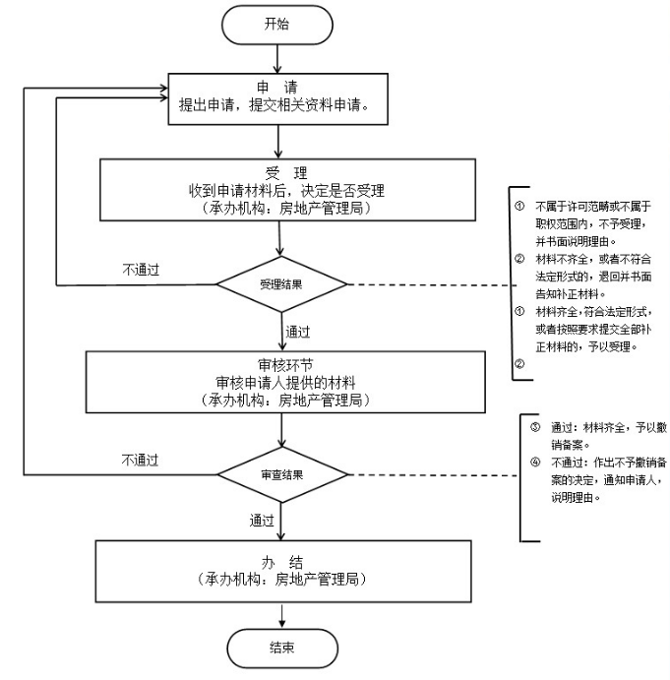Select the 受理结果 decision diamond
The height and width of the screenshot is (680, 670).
(281, 284)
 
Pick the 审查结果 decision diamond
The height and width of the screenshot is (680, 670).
(281, 474)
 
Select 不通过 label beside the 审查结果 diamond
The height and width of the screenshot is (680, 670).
(140, 459)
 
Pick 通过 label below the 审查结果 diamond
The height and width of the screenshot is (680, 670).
(261, 520)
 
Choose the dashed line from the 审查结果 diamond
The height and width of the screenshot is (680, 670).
(433, 474)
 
